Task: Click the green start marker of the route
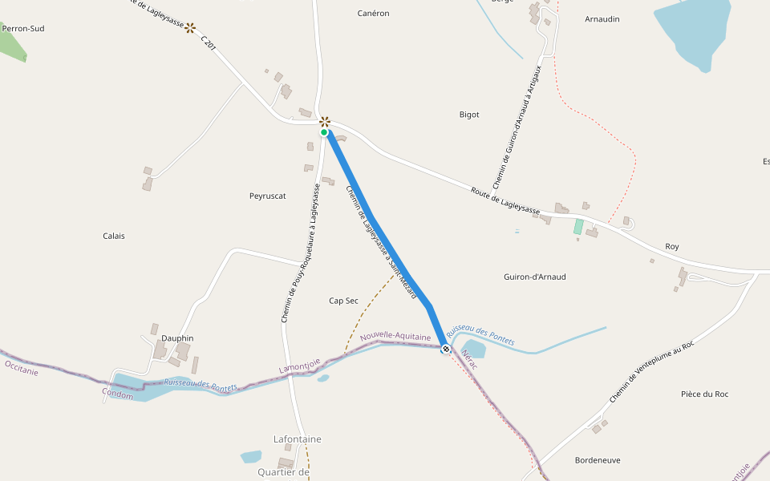pos(324,133)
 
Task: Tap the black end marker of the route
pos(446,349)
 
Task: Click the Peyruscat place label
pos(268,196)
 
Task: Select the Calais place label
pos(114,236)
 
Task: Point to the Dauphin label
pos(177,338)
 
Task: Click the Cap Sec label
pos(344,301)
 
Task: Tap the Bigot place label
pos(469,115)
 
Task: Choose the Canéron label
pos(373,14)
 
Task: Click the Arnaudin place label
pos(602,18)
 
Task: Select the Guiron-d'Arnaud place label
pos(535,277)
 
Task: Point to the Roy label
pos(672,246)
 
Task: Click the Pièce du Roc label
pos(704,394)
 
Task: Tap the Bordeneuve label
pos(598,460)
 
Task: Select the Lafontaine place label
pos(298,439)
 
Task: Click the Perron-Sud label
pos(23,28)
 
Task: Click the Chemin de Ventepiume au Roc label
pos(650,370)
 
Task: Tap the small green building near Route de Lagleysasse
pos(578,227)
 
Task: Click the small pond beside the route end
pos(473,349)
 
